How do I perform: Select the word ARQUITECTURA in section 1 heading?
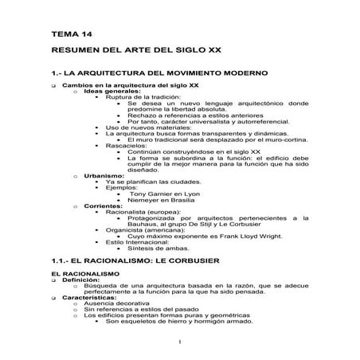117,73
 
